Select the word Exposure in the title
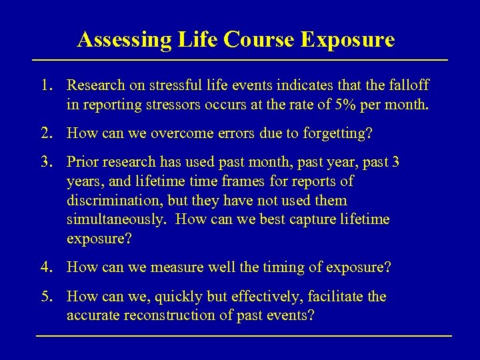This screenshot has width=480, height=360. (x=347, y=39)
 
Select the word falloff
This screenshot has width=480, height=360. (x=407, y=86)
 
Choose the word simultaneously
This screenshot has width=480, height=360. (x=115, y=219)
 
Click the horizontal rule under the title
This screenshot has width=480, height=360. (x=240, y=61)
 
